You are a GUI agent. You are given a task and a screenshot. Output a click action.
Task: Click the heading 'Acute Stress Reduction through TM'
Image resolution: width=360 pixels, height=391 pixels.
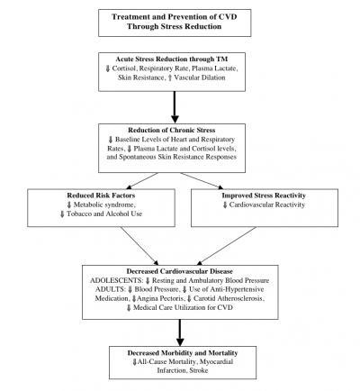pos(172,59)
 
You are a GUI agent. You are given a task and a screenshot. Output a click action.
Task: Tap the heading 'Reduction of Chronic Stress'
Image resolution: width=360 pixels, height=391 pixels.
pos(172,130)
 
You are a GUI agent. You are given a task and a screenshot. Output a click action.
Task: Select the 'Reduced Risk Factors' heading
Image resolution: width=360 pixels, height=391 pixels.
pos(101,195)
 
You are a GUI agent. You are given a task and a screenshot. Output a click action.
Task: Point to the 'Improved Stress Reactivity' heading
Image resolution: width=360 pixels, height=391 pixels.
pos(264,195)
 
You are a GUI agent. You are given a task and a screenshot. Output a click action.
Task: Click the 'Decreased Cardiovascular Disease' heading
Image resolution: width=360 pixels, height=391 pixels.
pos(179,271)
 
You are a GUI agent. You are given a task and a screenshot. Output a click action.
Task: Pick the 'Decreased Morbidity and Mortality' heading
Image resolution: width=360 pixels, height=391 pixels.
pos(183,353)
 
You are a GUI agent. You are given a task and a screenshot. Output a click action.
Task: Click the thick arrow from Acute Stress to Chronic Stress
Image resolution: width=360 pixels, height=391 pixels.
pos(175,107)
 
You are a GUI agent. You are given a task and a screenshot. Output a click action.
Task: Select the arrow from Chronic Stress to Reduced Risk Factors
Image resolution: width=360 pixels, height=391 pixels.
pos(142,181)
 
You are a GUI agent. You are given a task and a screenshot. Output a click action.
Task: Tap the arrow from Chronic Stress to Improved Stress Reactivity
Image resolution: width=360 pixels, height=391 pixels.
pos(202,181)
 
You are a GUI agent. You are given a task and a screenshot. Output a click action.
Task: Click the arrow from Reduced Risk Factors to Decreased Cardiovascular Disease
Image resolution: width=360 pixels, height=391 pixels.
pos(139,246)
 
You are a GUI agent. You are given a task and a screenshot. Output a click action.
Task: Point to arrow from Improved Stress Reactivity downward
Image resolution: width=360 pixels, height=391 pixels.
pos(227,246)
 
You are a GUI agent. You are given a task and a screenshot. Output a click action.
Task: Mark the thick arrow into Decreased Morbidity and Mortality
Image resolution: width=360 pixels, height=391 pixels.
pos(180,332)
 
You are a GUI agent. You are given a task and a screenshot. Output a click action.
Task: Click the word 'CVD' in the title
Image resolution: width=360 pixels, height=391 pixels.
pos(228,17)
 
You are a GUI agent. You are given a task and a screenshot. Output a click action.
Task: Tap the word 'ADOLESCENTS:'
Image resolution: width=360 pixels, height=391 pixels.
pos(116,280)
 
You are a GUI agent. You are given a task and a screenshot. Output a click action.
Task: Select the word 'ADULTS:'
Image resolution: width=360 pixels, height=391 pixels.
pos(110,289)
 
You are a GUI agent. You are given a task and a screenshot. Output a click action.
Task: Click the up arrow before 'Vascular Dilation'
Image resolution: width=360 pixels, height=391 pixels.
pos(170,77)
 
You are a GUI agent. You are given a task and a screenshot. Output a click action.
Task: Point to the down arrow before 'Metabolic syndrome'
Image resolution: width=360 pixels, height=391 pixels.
pos(69,205)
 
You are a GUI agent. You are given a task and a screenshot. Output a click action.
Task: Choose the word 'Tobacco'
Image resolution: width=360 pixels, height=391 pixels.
pos(78,214)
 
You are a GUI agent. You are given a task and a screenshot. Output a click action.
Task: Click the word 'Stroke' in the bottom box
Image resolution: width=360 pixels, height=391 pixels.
pos(199,370)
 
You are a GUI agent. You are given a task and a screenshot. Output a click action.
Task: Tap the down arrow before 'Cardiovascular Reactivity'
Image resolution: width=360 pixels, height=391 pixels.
pos(225,205)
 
